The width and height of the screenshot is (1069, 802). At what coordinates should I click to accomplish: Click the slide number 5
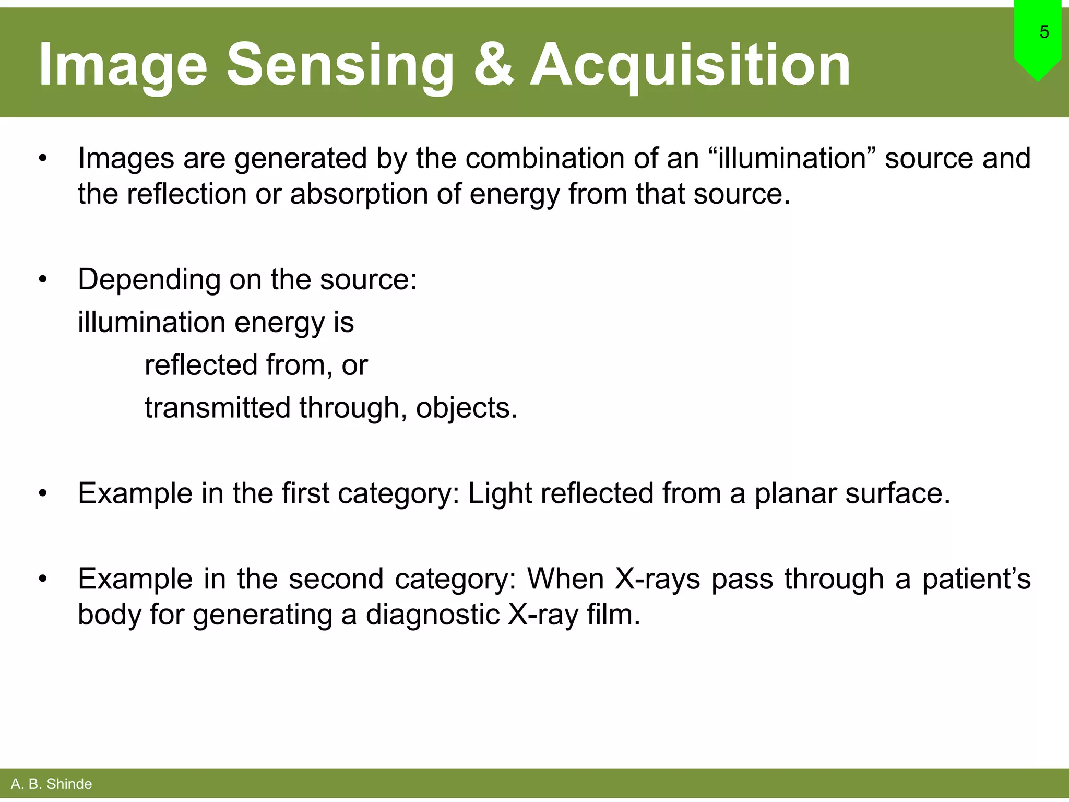click(x=1043, y=32)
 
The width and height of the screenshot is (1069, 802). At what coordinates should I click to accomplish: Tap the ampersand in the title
click(x=494, y=64)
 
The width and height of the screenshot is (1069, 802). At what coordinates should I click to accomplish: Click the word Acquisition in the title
click(x=690, y=65)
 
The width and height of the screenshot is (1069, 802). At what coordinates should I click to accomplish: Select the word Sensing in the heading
click(x=340, y=65)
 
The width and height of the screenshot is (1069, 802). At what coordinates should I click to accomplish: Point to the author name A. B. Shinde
click(x=51, y=784)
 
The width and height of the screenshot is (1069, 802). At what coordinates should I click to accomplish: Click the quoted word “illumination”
click(x=792, y=158)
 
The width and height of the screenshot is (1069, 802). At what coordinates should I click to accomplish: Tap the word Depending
click(x=149, y=280)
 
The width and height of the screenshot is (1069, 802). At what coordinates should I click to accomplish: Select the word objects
click(x=466, y=408)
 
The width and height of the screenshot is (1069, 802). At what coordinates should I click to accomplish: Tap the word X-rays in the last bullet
click(x=657, y=579)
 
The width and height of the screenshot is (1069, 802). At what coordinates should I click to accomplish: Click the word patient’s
click(x=976, y=579)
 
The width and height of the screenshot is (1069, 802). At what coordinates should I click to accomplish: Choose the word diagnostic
click(x=433, y=615)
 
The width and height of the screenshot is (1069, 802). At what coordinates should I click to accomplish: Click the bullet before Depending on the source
click(x=43, y=280)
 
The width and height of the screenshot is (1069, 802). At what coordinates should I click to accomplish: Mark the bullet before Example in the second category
click(x=43, y=580)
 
